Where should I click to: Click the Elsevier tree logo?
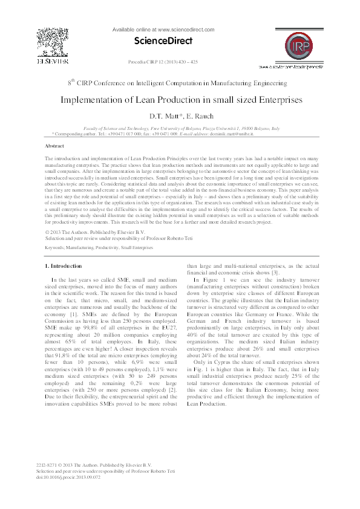[x=50, y=44]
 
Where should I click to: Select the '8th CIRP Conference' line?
[x=160, y=82]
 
